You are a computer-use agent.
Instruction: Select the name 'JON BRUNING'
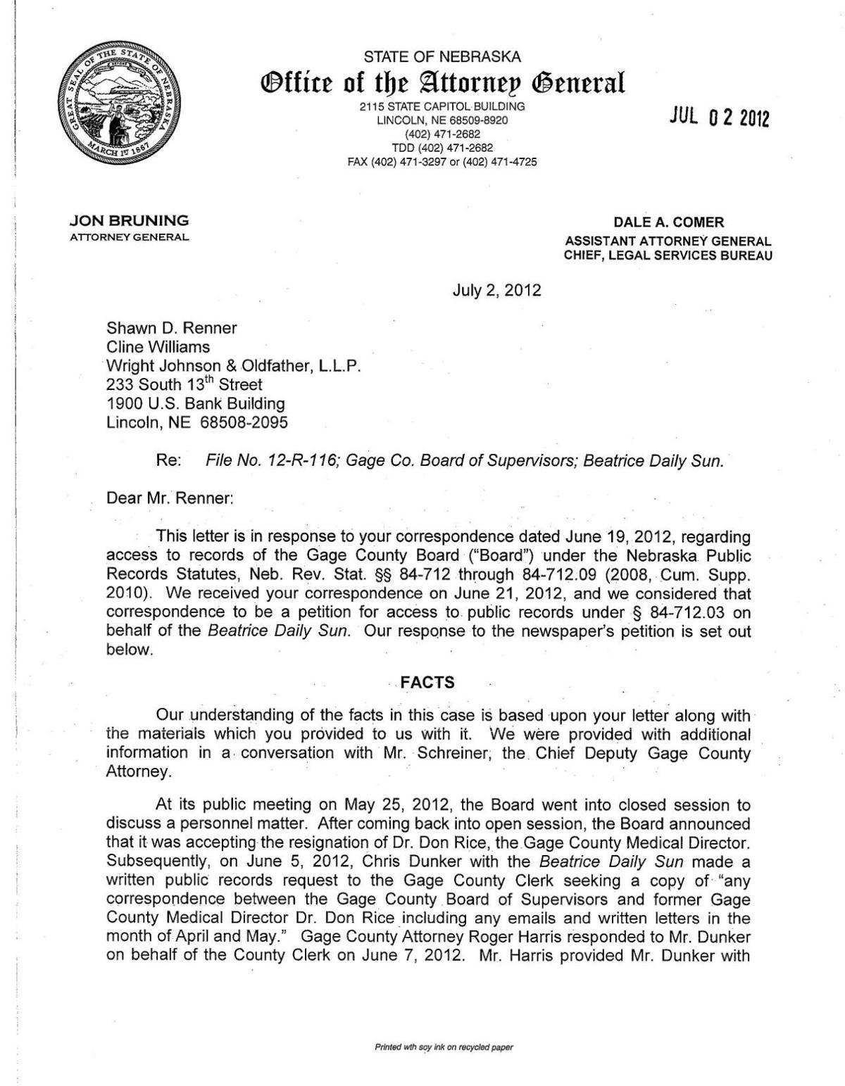(x=128, y=221)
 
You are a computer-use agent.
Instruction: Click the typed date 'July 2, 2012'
(x=496, y=289)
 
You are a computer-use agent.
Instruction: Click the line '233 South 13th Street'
(x=184, y=385)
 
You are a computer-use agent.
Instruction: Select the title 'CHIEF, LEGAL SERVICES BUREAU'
(x=668, y=255)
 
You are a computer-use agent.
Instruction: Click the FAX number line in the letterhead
(x=442, y=162)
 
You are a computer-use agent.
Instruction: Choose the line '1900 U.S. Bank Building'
(x=195, y=404)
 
